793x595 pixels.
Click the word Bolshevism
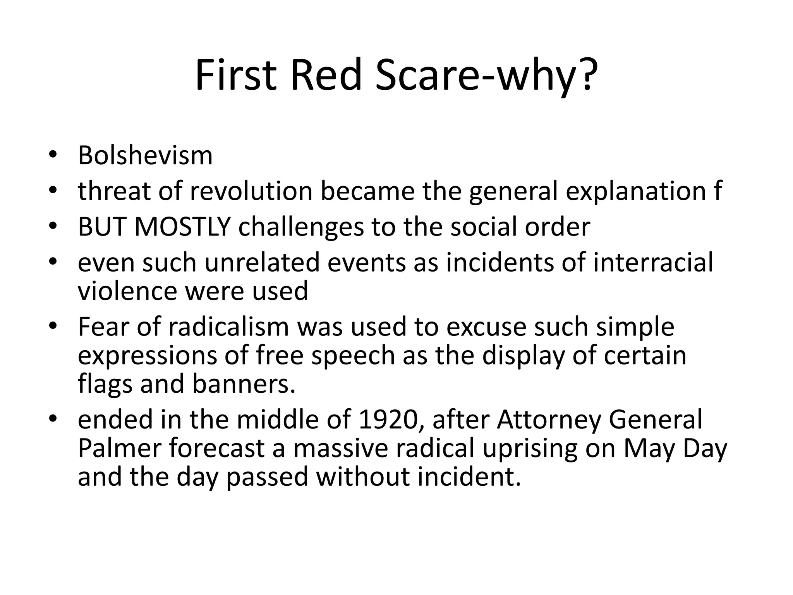click(x=145, y=155)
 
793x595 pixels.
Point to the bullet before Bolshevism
click(x=53, y=155)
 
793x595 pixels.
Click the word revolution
click(x=251, y=191)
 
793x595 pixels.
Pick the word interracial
click(x=653, y=262)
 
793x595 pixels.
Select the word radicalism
click(x=228, y=327)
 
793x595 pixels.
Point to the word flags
click(x=105, y=383)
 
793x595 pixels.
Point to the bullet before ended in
click(x=53, y=420)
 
